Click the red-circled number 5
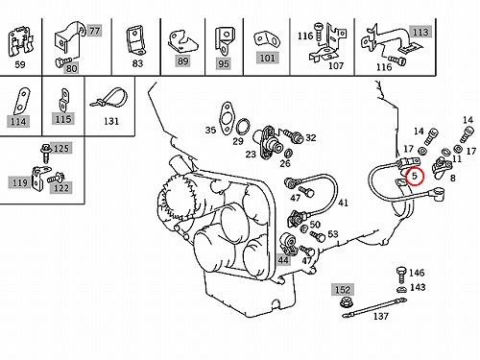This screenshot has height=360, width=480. (x=415, y=176)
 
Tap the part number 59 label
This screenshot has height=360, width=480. (x=20, y=64)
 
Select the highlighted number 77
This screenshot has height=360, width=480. (x=95, y=31)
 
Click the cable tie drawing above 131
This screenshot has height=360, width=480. (x=108, y=98)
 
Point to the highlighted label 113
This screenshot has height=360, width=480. (x=420, y=32)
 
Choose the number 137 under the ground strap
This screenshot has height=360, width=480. (x=381, y=316)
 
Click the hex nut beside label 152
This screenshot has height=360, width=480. (x=346, y=301)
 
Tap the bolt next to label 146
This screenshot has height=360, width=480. (x=400, y=275)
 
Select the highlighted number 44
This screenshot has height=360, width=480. (x=283, y=260)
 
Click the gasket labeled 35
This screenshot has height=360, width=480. (x=227, y=116)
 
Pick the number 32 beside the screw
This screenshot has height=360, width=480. (x=311, y=137)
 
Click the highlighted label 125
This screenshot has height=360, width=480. (x=61, y=148)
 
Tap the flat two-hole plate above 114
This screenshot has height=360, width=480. (x=21, y=101)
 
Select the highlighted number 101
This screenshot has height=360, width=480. (x=267, y=58)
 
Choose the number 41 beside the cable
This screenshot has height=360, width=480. (x=343, y=203)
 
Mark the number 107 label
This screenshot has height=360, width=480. (x=336, y=65)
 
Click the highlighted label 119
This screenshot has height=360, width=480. (x=19, y=183)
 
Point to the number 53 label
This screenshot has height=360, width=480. (x=333, y=234)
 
